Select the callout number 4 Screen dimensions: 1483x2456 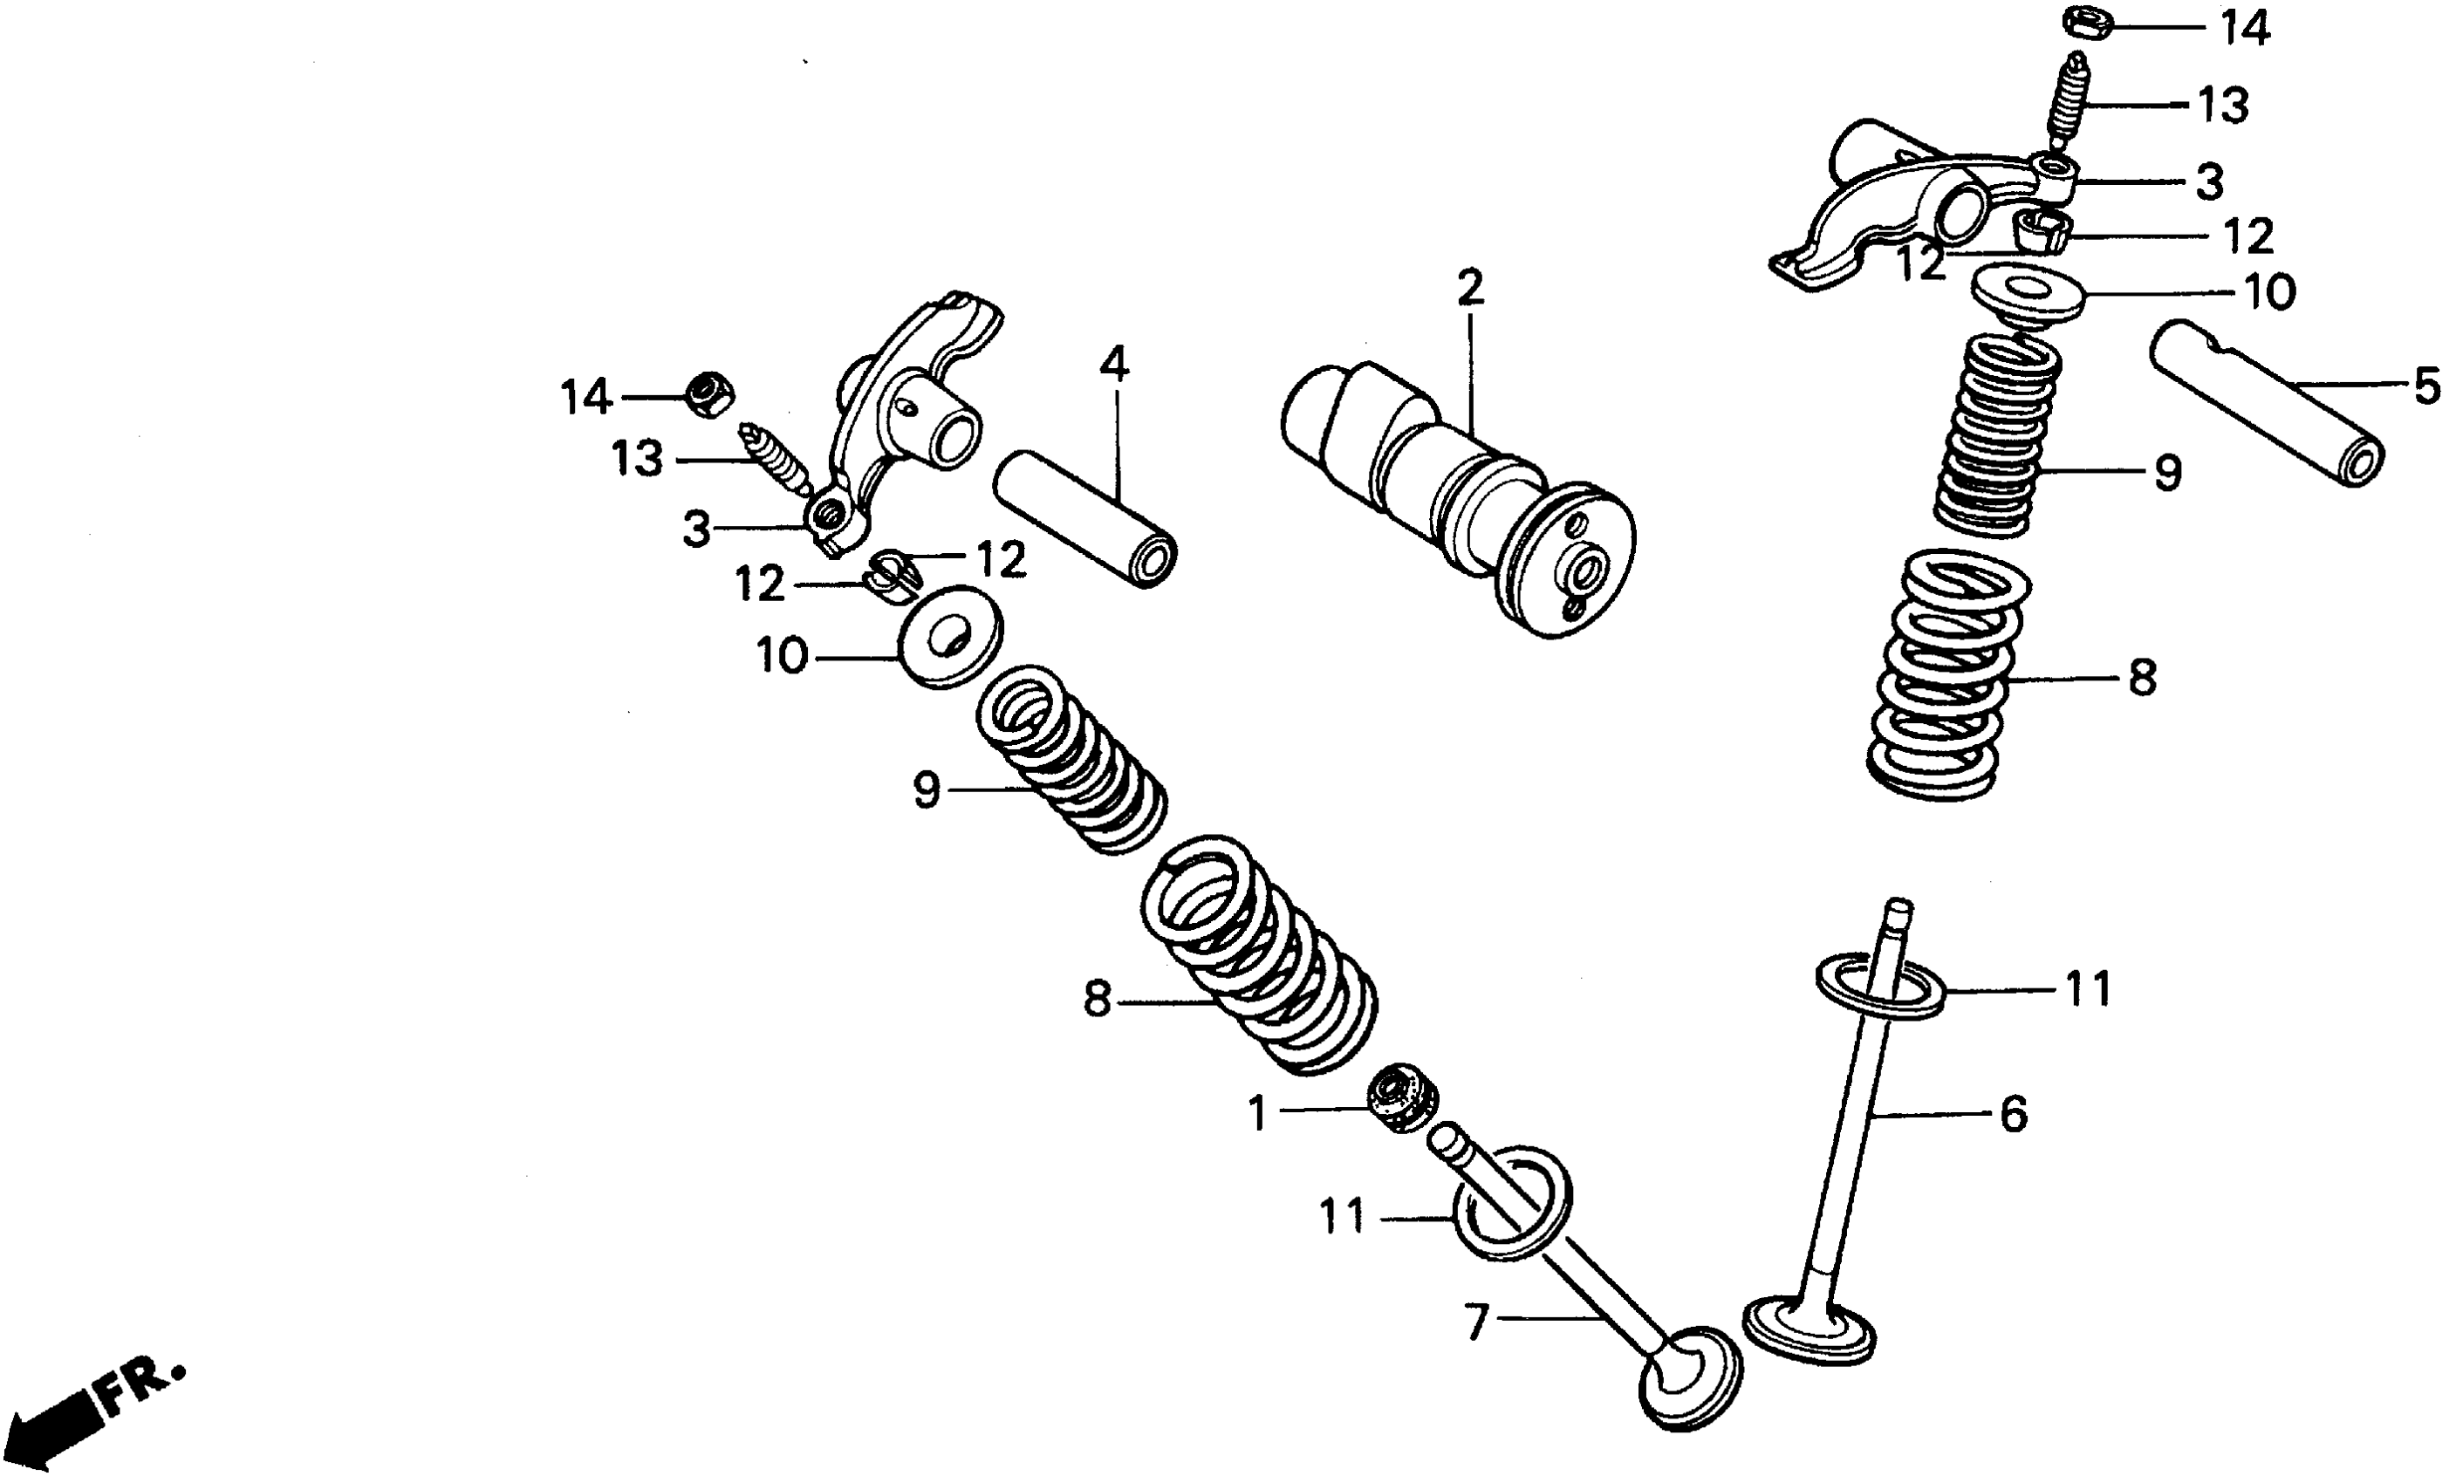(1113, 365)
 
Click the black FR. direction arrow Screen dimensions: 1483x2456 (50, 1430)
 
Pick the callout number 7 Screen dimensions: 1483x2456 (1476, 1322)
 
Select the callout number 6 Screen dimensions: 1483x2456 (2014, 1113)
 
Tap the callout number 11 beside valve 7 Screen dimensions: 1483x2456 (1342, 1216)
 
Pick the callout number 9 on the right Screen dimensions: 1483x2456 (2168, 473)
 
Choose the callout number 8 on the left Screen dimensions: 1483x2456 (1097, 998)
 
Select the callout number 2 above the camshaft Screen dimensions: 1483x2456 (1469, 288)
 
